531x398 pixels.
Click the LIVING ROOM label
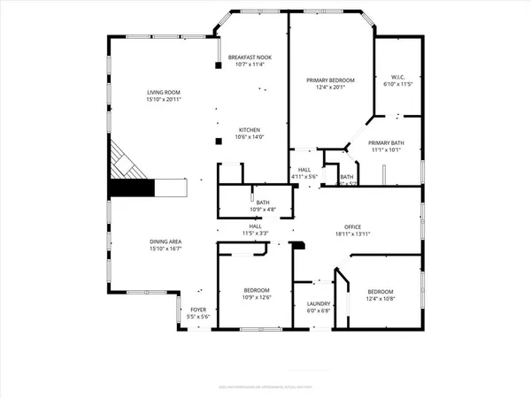(x=165, y=92)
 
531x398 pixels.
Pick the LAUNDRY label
(x=318, y=303)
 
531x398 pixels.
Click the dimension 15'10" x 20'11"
(x=165, y=99)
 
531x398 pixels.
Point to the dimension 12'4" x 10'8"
(x=381, y=299)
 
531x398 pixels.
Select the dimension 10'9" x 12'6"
(x=258, y=298)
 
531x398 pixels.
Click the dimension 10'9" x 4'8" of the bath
(x=263, y=209)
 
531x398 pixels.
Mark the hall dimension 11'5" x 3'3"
(x=255, y=233)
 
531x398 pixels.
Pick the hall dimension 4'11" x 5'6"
(x=304, y=177)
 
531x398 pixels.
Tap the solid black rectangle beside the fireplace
(x=130, y=188)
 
